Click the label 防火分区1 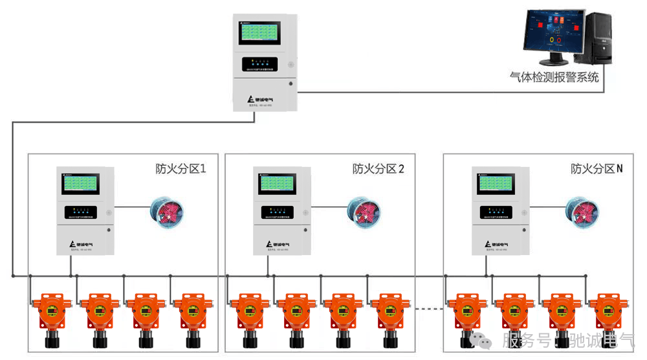[x=181, y=169]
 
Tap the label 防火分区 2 [x=378, y=169]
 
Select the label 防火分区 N [x=597, y=169]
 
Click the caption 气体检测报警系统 [x=554, y=77]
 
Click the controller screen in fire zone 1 [x=82, y=184]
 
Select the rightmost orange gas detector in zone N [x=611, y=313]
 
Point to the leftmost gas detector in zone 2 [x=246, y=313]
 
